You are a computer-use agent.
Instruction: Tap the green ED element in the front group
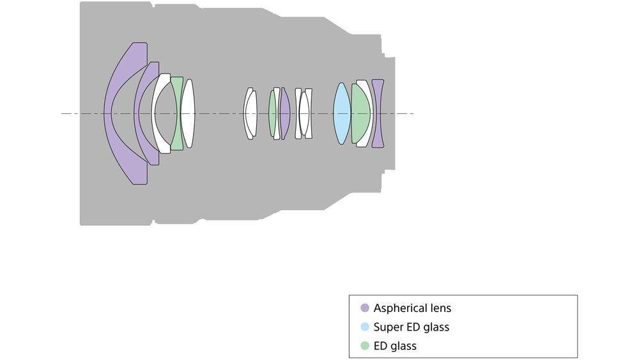177,114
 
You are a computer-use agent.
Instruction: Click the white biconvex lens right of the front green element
187,114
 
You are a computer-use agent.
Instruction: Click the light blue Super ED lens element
342,114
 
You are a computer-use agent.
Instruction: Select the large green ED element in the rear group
360,114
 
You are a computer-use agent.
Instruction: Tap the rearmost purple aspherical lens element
378,114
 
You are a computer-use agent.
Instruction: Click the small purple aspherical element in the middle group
284,114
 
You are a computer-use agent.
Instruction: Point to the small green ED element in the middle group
272,114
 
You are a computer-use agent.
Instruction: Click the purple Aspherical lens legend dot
365,308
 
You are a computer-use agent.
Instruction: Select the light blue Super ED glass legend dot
365,327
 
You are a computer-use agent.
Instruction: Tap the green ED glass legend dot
365,346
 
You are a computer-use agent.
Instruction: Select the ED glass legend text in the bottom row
395,346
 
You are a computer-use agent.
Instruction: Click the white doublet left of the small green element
250,114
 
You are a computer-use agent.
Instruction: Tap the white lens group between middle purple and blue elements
304,114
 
